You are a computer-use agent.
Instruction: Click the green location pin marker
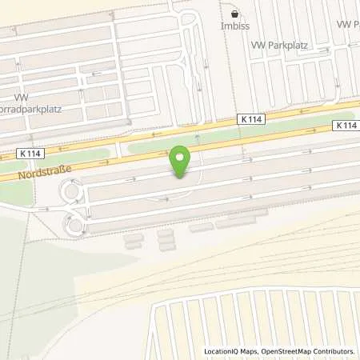(x=181, y=160)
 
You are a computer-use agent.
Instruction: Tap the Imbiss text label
(x=234, y=26)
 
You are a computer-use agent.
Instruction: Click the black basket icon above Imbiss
(x=234, y=14)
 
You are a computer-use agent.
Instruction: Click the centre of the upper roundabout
(x=73, y=193)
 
